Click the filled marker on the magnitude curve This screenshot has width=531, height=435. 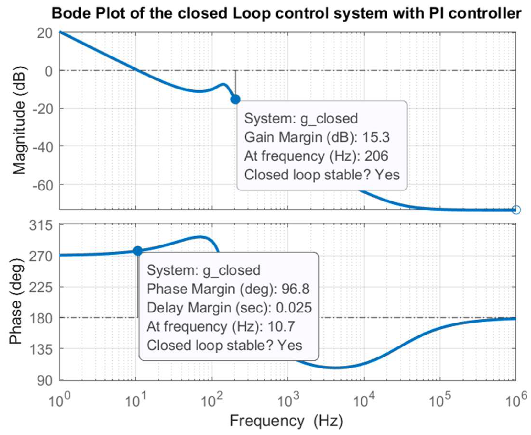coord(235,100)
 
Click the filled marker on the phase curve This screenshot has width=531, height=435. coord(138,251)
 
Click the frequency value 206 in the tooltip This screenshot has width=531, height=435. coord(376,156)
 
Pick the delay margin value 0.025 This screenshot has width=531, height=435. coord(294,308)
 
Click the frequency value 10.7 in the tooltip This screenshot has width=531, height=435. coord(281,327)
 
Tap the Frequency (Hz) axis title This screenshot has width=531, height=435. coord(286,421)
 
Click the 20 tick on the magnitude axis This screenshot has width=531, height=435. coord(45,33)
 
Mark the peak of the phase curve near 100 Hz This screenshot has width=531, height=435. coord(200,237)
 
